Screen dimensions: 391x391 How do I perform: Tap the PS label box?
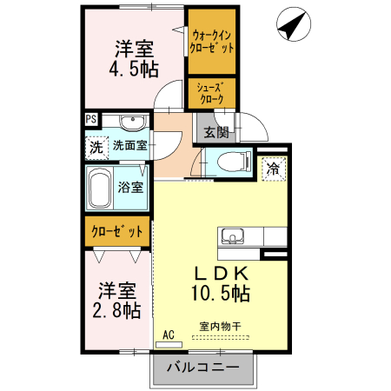[x=90, y=121]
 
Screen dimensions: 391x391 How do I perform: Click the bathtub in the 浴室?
[x=100, y=187]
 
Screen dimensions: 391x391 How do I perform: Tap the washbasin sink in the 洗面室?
[x=132, y=122]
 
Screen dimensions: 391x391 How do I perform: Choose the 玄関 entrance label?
[x=216, y=133]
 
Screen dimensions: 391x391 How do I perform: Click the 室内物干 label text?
[x=219, y=326]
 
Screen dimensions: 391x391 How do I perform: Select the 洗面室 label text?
[x=129, y=147]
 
